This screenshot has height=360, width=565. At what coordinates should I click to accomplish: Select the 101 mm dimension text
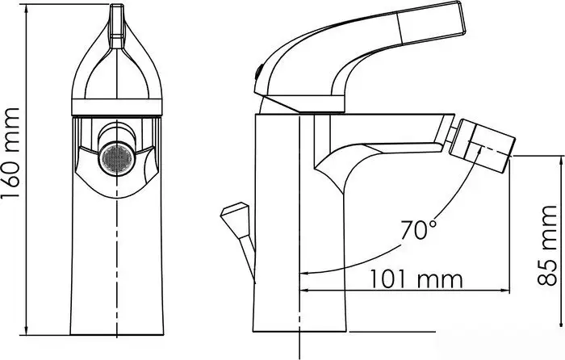tap(416, 279)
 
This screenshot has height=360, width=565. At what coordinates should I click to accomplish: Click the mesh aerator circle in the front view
tap(112, 157)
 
